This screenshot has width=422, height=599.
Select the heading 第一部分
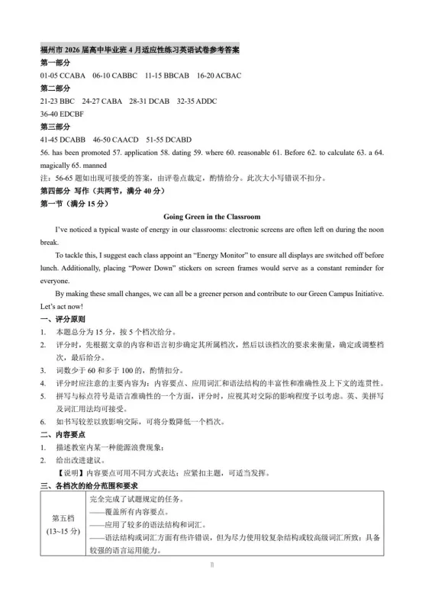point(55,63)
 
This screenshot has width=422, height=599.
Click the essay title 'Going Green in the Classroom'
point(212,217)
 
